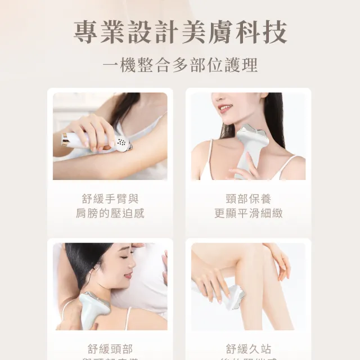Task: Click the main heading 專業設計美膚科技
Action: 180,32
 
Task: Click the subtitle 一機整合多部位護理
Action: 180,65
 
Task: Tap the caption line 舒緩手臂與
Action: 110,199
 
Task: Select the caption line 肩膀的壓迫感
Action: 110,214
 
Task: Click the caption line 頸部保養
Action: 248,199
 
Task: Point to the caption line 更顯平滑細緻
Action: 248,214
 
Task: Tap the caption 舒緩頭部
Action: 110,349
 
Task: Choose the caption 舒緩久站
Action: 248,349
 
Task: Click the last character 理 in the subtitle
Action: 250,65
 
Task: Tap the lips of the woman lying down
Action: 128,275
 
